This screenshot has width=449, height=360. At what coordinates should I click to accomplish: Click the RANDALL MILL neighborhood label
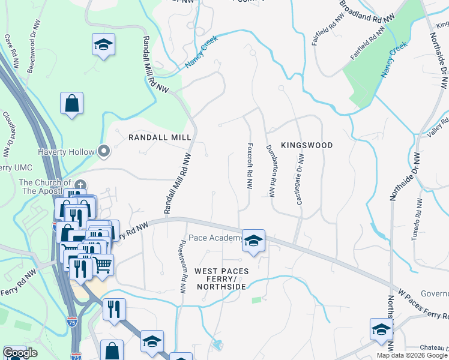152,137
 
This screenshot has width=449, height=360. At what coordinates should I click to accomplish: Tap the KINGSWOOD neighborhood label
306,145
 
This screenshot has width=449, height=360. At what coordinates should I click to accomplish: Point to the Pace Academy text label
215,238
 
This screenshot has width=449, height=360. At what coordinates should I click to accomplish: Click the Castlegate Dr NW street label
300,178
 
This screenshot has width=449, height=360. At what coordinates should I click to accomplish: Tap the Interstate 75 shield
73,322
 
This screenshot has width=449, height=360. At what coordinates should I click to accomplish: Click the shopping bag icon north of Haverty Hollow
71,103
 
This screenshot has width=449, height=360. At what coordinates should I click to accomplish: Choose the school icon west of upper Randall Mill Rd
103,44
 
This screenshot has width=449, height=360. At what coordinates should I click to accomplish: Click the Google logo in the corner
20,353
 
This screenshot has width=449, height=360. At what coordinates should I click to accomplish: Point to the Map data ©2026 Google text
412,355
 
